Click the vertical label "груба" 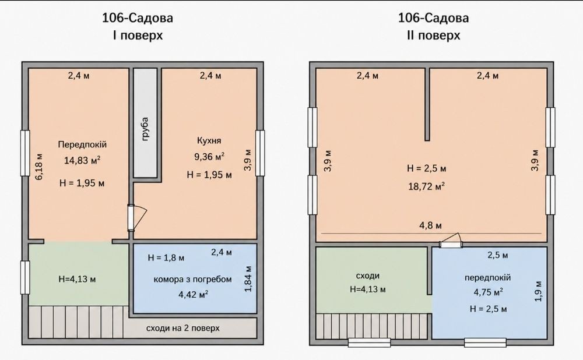[x=145, y=129]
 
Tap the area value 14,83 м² [x=82, y=161]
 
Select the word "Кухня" [x=209, y=140]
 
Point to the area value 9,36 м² [x=209, y=157]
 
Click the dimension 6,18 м [x=39, y=167]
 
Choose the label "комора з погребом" [x=192, y=280]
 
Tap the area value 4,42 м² [x=193, y=295]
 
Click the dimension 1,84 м [x=248, y=278]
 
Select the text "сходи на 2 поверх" [x=183, y=329]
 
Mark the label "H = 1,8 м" [x=166, y=257]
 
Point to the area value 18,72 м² [x=427, y=186]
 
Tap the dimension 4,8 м [x=431, y=225]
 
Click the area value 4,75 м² [x=488, y=292]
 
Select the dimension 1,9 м [x=538, y=291]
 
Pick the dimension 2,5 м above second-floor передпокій [x=497, y=256]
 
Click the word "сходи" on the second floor [x=368, y=276]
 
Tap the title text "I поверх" [x=138, y=36]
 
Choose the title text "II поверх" [x=434, y=36]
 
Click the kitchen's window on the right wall [x=260, y=153]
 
